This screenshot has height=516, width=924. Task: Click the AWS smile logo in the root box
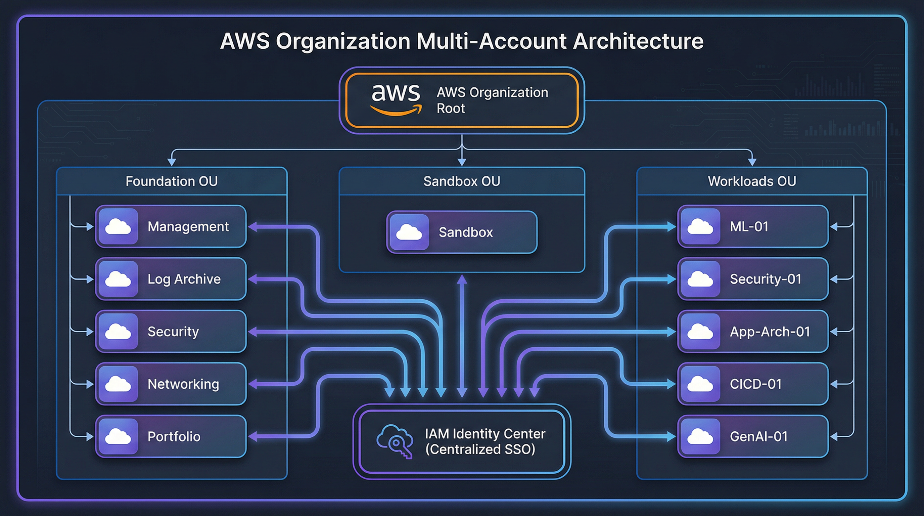[x=396, y=100]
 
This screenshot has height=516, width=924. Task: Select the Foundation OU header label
[x=172, y=181]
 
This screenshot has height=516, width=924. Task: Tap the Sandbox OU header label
[x=462, y=181]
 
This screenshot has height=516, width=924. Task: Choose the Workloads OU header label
[x=752, y=181]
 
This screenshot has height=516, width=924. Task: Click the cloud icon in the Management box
[x=118, y=227]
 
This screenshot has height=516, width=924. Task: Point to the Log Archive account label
[x=184, y=279]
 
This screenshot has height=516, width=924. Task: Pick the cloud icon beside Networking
[x=118, y=384]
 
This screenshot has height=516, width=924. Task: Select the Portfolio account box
[x=171, y=436]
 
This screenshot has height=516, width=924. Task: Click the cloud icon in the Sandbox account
[x=409, y=232]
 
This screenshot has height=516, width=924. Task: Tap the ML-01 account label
[x=749, y=227]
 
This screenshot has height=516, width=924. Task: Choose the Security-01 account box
[x=752, y=279]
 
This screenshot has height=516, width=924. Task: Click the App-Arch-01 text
[x=770, y=332]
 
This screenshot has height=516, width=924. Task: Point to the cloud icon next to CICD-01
[x=700, y=384]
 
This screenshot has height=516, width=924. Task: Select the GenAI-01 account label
[x=759, y=436]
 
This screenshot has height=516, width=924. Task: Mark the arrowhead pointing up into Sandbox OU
[x=462, y=279]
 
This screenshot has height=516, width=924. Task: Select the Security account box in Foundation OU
[x=171, y=332]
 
